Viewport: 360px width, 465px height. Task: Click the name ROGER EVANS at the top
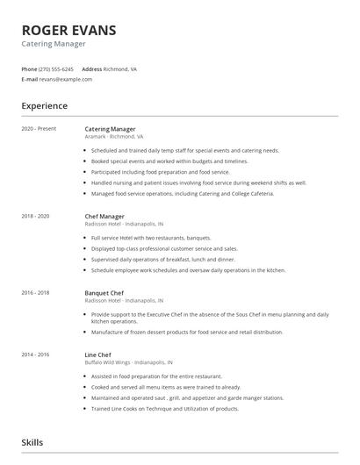pyautogui.click(x=68, y=30)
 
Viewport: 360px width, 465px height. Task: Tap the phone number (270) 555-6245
pyautogui.click(x=56, y=68)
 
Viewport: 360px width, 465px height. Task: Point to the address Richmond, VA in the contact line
pyautogui.click(x=121, y=68)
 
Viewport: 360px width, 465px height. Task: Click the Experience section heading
pyautogui.click(x=45, y=106)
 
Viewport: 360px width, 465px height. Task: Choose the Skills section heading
pyautogui.click(x=32, y=442)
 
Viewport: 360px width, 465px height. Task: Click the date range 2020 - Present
pyautogui.click(x=39, y=129)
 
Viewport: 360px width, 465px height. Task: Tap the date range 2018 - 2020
pyautogui.click(x=36, y=216)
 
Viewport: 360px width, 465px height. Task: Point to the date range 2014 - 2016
pyautogui.click(x=36, y=354)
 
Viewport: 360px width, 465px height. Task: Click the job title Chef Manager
pyautogui.click(x=104, y=216)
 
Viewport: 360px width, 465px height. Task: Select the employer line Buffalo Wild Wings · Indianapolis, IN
pyautogui.click(x=128, y=362)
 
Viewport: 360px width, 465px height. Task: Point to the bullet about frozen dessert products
pyautogui.click(x=187, y=333)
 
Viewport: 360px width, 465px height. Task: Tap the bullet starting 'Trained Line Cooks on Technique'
pyautogui.click(x=165, y=409)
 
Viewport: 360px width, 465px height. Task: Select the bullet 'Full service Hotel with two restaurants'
pyautogui.click(x=151, y=238)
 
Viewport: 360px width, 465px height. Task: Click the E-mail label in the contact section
pyautogui.click(x=30, y=79)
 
